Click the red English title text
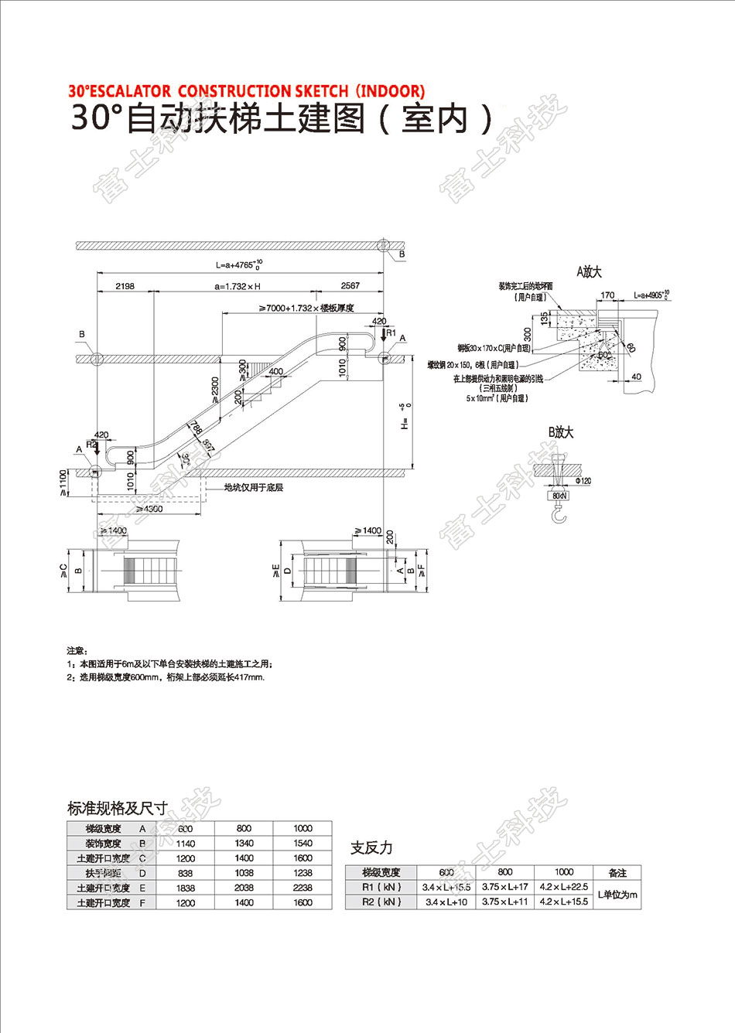pyautogui.click(x=246, y=91)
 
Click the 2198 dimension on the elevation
pyautogui.click(x=125, y=286)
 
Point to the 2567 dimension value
pyautogui.click(x=350, y=286)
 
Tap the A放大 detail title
pyautogui.click(x=589, y=272)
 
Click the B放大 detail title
pyautogui.click(x=562, y=433)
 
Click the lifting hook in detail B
pyautogui.click(x=558, y=513)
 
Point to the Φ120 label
pyautogui.click(x=583, y=482)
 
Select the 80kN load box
pyautogui.click(x=558, y=495)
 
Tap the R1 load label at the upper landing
pyautogui.click(x=391, y=333)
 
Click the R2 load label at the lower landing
pyautogui.click(x=91, y=445)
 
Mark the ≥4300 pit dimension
pyautogui.click(x=148, y=509)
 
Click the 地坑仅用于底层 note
pyautogui.click(x=253, y=488)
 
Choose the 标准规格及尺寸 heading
pyautogui.click(x=118, y=809)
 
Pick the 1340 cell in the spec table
pyautogui.click(x=244, y=844)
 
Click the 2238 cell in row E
pyautogui.click(x=303, y=888)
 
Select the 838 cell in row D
pyautogui.click(x=186, y=873)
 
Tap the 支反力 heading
pyautogui.click(x=371, y=848)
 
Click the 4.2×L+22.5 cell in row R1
pyautogui.click(x=564, y=888)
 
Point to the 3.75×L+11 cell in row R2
pyautogui.click(x=505, y=902)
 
